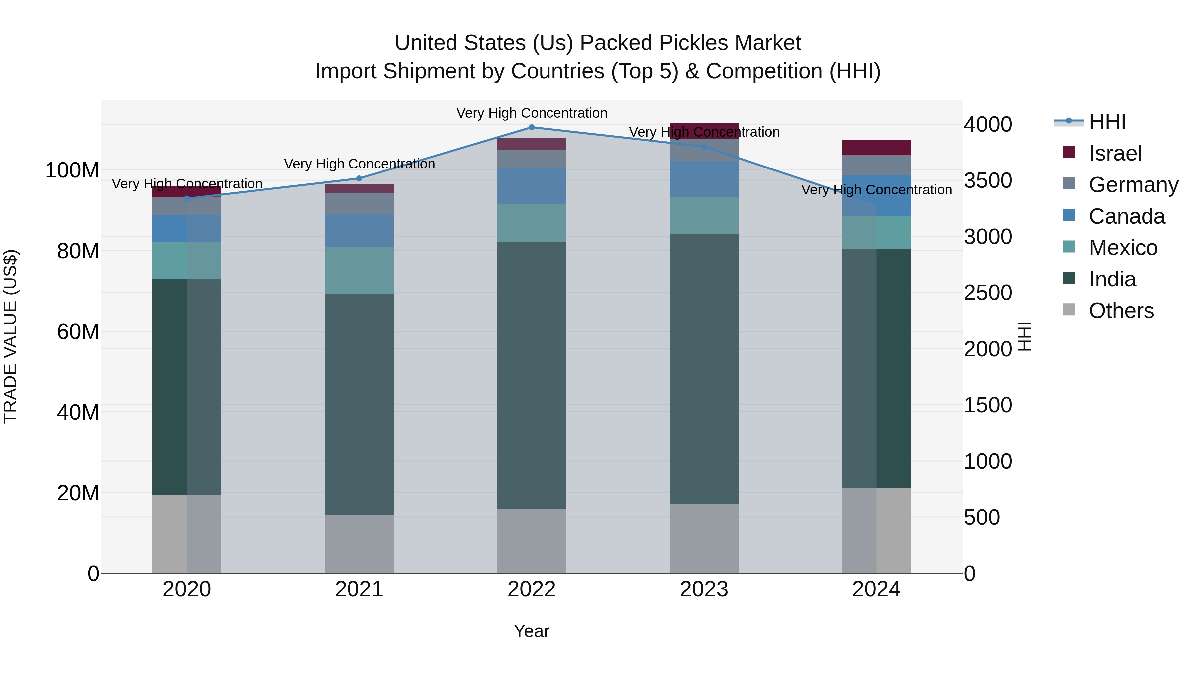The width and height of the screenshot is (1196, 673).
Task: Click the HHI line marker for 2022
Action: (x=532, y=127)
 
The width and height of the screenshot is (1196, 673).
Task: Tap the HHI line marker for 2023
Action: (x=704, y=147)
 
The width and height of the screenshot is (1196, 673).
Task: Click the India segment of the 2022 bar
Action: (x=532, y=375)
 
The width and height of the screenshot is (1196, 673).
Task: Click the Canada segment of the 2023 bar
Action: (x=704, y=179)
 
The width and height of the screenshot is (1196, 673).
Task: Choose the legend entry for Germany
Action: (x=1133, y=185)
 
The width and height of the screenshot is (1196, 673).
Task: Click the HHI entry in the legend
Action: (x=1107, y=122)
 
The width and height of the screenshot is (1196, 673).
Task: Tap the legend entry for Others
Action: (x=1121, y=311)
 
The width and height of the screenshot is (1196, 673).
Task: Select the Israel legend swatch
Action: (x=1069, y=152)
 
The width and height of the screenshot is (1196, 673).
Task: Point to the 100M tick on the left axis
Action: (x=72, y=170)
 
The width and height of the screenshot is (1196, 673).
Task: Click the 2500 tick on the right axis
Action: (x=988, y=293)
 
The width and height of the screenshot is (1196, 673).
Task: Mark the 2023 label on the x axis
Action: (x=704, y=589)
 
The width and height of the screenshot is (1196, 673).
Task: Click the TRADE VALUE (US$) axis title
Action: (x=11, y=336)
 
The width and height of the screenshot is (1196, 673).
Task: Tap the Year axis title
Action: (x=532, y=631)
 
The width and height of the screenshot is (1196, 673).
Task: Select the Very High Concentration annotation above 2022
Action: (x=532, y=113)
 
